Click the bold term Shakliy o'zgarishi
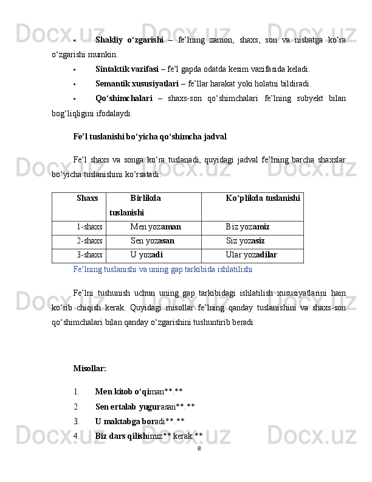[129, 40]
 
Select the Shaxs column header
[88, 198]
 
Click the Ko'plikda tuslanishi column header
[262, 198]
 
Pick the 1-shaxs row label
[89, 226]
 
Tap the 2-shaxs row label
[89, 240]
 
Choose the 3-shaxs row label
[89, 254]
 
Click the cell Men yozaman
[156, 226]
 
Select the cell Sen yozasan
[153, 240]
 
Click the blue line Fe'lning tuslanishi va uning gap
[162, 268]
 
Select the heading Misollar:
[89, 368]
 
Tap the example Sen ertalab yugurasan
[145, 407]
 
